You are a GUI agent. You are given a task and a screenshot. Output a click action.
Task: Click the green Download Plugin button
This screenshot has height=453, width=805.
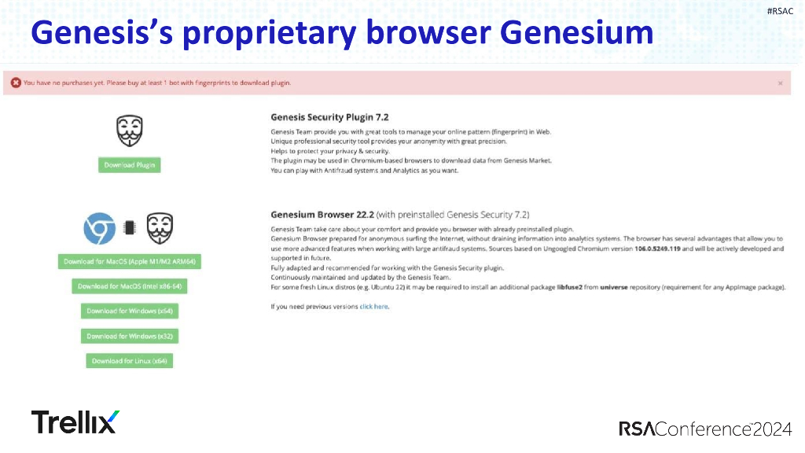[x=130, y=165]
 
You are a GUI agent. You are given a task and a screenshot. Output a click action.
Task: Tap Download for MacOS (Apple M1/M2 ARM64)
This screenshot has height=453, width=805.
[x=129, y=262]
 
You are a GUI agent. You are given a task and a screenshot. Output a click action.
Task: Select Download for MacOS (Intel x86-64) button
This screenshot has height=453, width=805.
[x=130, y=286]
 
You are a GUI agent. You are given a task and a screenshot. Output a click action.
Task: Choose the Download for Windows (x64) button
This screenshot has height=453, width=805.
[x=130, y=311]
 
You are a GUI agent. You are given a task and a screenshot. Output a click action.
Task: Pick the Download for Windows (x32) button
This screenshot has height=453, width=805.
[x=130, y=336]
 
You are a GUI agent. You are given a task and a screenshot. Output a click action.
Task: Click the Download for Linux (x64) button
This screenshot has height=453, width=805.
[x=130, y=361]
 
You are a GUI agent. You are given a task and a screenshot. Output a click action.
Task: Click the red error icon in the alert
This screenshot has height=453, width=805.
[x=16, y=83]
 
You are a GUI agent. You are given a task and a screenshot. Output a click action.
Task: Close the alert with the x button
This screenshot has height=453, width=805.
[x=780, y=83]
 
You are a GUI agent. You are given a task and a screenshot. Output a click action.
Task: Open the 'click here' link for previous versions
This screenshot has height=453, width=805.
[x=374, y=306]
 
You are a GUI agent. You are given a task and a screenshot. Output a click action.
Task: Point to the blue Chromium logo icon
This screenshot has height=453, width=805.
[x=100, y=228]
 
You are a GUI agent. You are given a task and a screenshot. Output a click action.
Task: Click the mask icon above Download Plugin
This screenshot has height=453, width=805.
[x=130, y=131]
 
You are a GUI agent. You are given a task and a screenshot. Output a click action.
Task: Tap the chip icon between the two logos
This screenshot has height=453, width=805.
[x=130, y=229]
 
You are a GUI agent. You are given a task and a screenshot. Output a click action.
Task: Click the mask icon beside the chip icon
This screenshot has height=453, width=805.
[x=160, y=228]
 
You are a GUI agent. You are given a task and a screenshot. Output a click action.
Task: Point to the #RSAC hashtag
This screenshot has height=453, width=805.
[x=780, y=10]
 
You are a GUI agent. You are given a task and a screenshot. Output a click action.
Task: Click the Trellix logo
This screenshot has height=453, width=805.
[x=75, y=422]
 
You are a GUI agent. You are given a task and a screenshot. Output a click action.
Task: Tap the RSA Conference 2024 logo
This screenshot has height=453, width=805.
[x=705, y=429]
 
